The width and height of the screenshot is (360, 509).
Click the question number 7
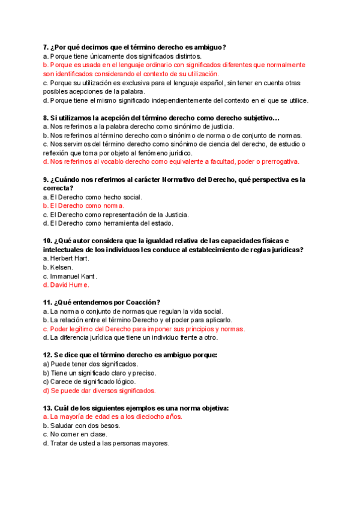(46, 47)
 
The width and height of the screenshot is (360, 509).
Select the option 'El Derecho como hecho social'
(96, 197)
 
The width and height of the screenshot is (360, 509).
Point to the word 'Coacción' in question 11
(141, 303)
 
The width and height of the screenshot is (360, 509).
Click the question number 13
(48, 408)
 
